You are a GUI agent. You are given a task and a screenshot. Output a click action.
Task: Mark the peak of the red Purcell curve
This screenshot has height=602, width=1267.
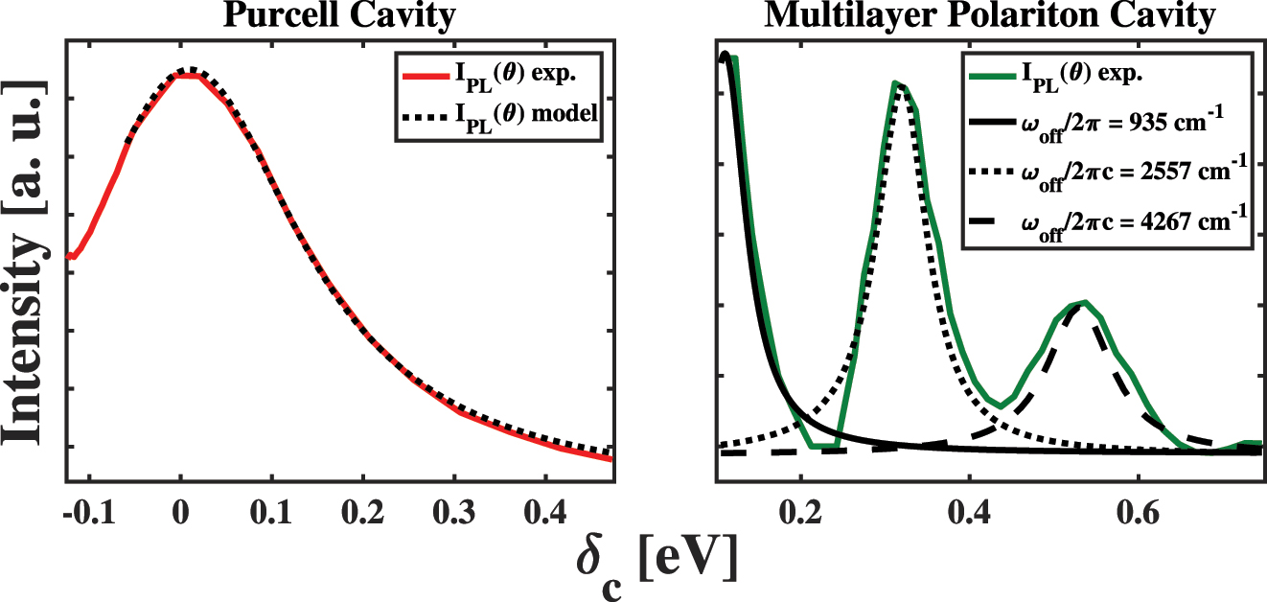click(x=189, y=75)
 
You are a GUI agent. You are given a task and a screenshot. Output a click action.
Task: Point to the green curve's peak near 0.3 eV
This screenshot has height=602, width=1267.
click(x=896, y=83)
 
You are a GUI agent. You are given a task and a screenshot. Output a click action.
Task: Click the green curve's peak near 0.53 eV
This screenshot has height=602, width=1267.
click(x=1084, y=302)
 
